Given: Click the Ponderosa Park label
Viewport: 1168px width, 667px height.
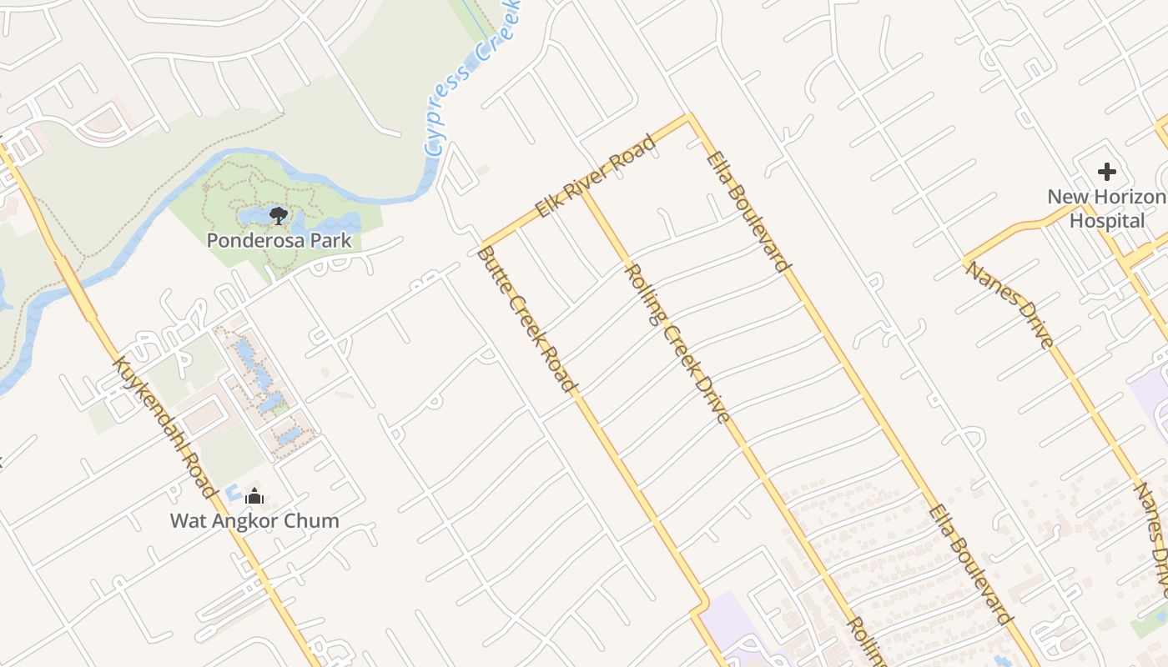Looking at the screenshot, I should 279,241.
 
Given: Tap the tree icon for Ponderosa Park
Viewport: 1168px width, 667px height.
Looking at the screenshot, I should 279,217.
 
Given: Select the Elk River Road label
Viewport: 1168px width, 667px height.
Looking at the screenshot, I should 595,177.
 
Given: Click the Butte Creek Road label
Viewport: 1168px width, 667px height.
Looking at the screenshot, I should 526,319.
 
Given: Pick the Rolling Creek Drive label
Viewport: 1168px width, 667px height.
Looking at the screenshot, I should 677,344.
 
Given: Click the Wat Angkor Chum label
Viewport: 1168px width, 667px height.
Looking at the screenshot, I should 254,521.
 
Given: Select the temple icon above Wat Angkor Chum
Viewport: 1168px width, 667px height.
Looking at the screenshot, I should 254,497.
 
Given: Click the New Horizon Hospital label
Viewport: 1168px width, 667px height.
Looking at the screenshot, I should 1107,208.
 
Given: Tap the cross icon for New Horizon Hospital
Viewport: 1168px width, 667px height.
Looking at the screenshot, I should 1107,173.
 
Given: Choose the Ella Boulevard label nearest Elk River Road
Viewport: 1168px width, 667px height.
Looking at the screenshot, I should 748,212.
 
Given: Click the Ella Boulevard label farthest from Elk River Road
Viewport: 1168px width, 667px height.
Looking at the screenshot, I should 970,564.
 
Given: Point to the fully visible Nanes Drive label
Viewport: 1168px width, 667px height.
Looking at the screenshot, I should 1009,304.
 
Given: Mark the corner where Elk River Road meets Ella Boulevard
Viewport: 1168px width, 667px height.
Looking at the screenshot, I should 689,118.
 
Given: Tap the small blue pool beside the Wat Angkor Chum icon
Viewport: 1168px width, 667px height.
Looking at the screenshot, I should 233,493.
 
